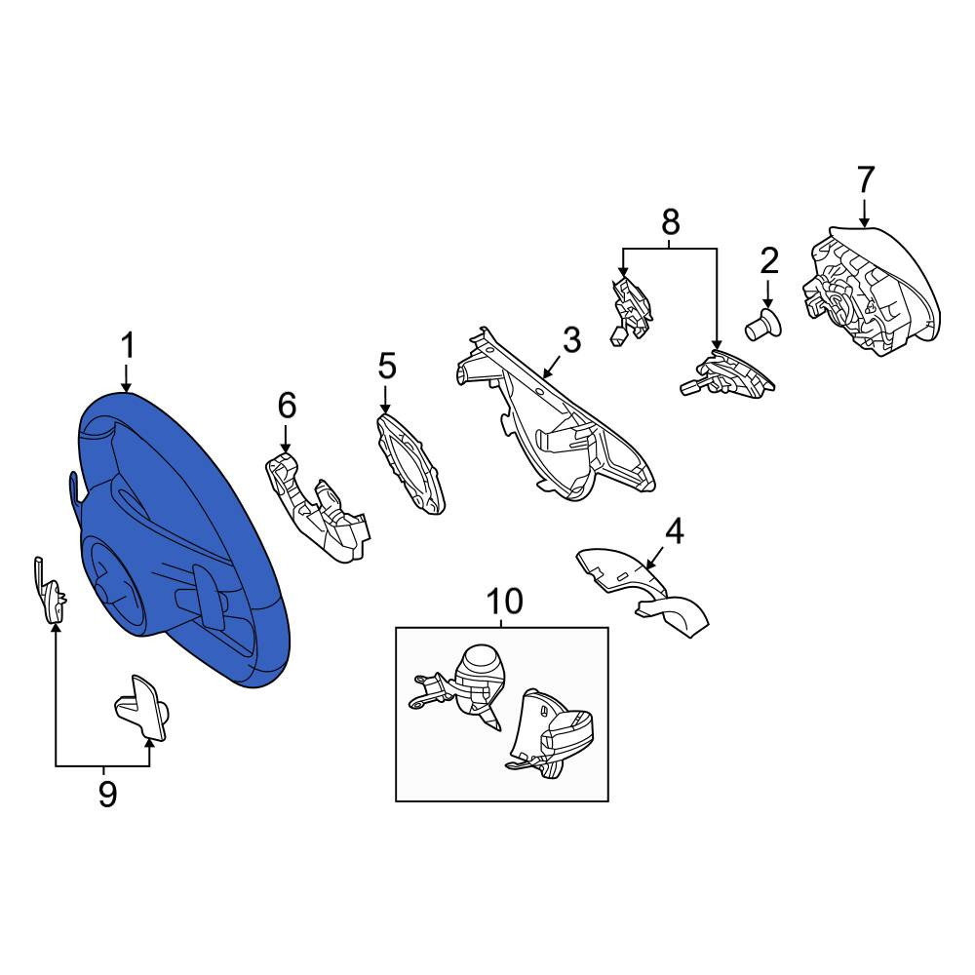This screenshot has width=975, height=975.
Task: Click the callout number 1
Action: (128, 346)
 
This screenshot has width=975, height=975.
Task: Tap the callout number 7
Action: (866, 179)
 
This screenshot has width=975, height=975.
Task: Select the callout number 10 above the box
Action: (504, 602)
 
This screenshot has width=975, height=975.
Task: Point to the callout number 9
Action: (107, 794)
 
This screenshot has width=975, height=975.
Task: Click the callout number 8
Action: (671, 222)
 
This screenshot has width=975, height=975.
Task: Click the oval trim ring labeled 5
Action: (411, 464)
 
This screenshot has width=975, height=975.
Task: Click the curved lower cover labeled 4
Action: (643, 591)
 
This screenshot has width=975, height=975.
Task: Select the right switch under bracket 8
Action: (727, 375)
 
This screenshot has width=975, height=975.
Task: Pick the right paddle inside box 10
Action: (549, 732)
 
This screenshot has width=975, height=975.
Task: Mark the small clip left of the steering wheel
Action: (50, 591)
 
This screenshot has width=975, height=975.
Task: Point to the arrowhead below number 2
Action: (768, 303)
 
